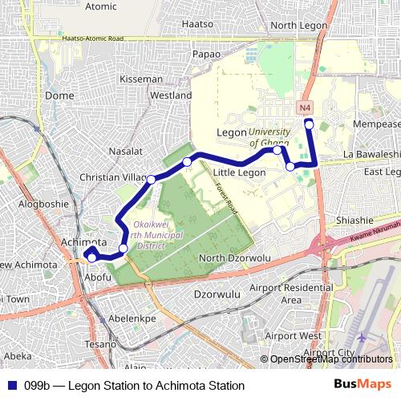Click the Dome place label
pos(60,95)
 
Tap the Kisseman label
pos(140,79)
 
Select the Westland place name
pos(171,95)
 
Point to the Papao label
pos(207,54)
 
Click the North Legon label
pos(299,25)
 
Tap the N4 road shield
pos(304,107)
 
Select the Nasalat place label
pos(125,151)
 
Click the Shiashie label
pos(355,221)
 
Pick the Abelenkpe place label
pos(132,318)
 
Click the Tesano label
pos(102,344)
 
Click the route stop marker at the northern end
pos(310,124)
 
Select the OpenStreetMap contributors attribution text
pos(331,359)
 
